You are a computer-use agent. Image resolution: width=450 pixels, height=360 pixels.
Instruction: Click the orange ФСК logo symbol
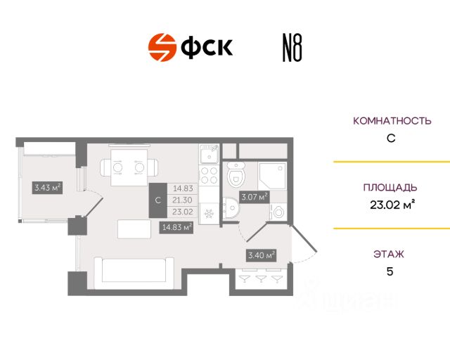click(x=162, y=47)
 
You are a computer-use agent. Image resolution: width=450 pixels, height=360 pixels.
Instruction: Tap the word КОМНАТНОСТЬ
click(x=391, y=121)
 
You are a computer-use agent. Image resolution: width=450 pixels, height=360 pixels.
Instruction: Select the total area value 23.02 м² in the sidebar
click(x=391, y=205)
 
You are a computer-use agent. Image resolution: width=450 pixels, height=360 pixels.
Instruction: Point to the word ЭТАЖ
click(x=391, y=253)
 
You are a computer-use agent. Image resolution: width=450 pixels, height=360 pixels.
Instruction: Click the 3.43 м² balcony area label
click(x=47, y=188)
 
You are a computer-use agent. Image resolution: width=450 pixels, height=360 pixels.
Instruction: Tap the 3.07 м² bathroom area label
click(x=254, y=198)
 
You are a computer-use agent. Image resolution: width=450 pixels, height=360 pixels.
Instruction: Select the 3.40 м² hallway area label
click(x=259, y=255)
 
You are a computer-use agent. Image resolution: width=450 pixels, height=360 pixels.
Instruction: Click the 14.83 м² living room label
click(x=177, y=226)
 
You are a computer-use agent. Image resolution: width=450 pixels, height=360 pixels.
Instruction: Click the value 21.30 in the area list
click(x=183, y=199)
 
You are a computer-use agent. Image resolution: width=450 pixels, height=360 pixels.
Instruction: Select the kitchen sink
click(x=209, y=153)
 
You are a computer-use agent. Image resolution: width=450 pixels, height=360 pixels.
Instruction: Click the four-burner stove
click(x=209, y=176)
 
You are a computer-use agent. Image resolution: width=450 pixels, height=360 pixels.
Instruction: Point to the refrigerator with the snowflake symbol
click(x=209, y=211)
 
